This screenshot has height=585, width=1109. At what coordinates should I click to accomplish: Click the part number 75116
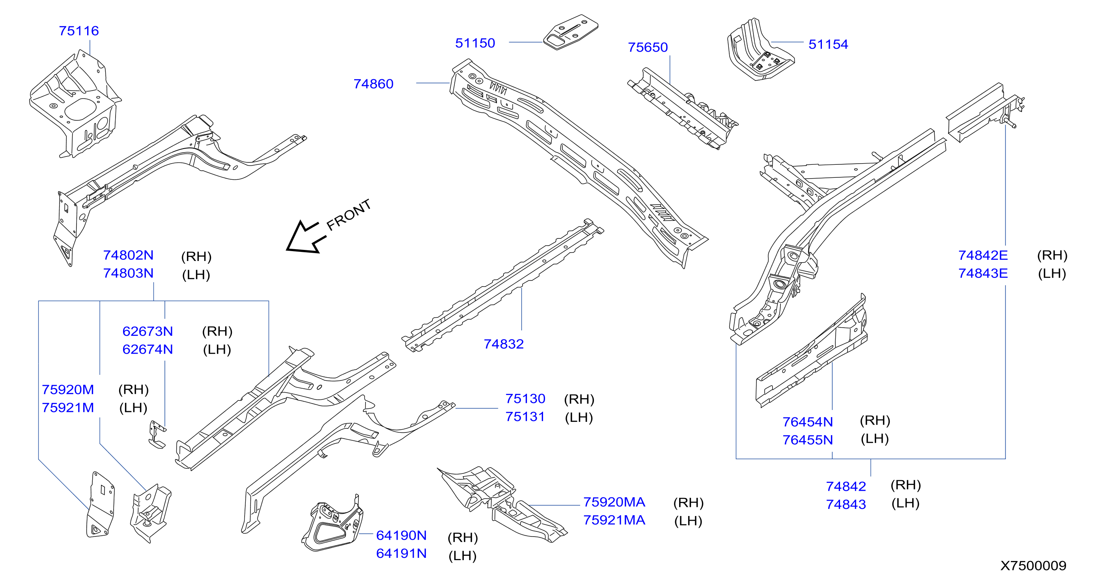[79, 31]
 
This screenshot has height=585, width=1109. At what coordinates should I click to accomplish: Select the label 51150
[475, 43]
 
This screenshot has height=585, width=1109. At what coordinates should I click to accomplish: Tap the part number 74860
[373, 84]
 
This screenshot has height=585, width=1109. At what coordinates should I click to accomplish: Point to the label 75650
[648, 47]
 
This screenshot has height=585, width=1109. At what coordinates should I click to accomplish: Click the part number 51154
[828, 44]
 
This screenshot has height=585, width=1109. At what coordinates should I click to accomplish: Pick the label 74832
[503, 344]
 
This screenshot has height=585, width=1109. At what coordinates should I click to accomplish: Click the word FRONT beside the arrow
[349, 215]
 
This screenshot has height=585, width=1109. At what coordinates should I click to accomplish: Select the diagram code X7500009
[1033, 566]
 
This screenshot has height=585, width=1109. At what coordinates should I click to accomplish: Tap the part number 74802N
[128, 255]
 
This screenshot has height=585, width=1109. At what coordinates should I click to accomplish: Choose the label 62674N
[147, 349]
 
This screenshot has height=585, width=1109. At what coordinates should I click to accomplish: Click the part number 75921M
[68, 408]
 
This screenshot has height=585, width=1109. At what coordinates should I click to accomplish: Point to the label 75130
[525, 399]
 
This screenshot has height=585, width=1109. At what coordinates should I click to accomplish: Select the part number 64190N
[401, 535]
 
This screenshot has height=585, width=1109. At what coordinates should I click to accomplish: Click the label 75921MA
[614, 520]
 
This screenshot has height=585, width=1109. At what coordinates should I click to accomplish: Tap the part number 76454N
[808, 422]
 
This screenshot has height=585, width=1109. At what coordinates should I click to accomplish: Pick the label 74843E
[983, 273]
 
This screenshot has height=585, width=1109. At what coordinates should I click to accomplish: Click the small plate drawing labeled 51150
[571, 32]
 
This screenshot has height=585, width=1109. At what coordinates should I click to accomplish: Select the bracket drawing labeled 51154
[760, 50]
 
